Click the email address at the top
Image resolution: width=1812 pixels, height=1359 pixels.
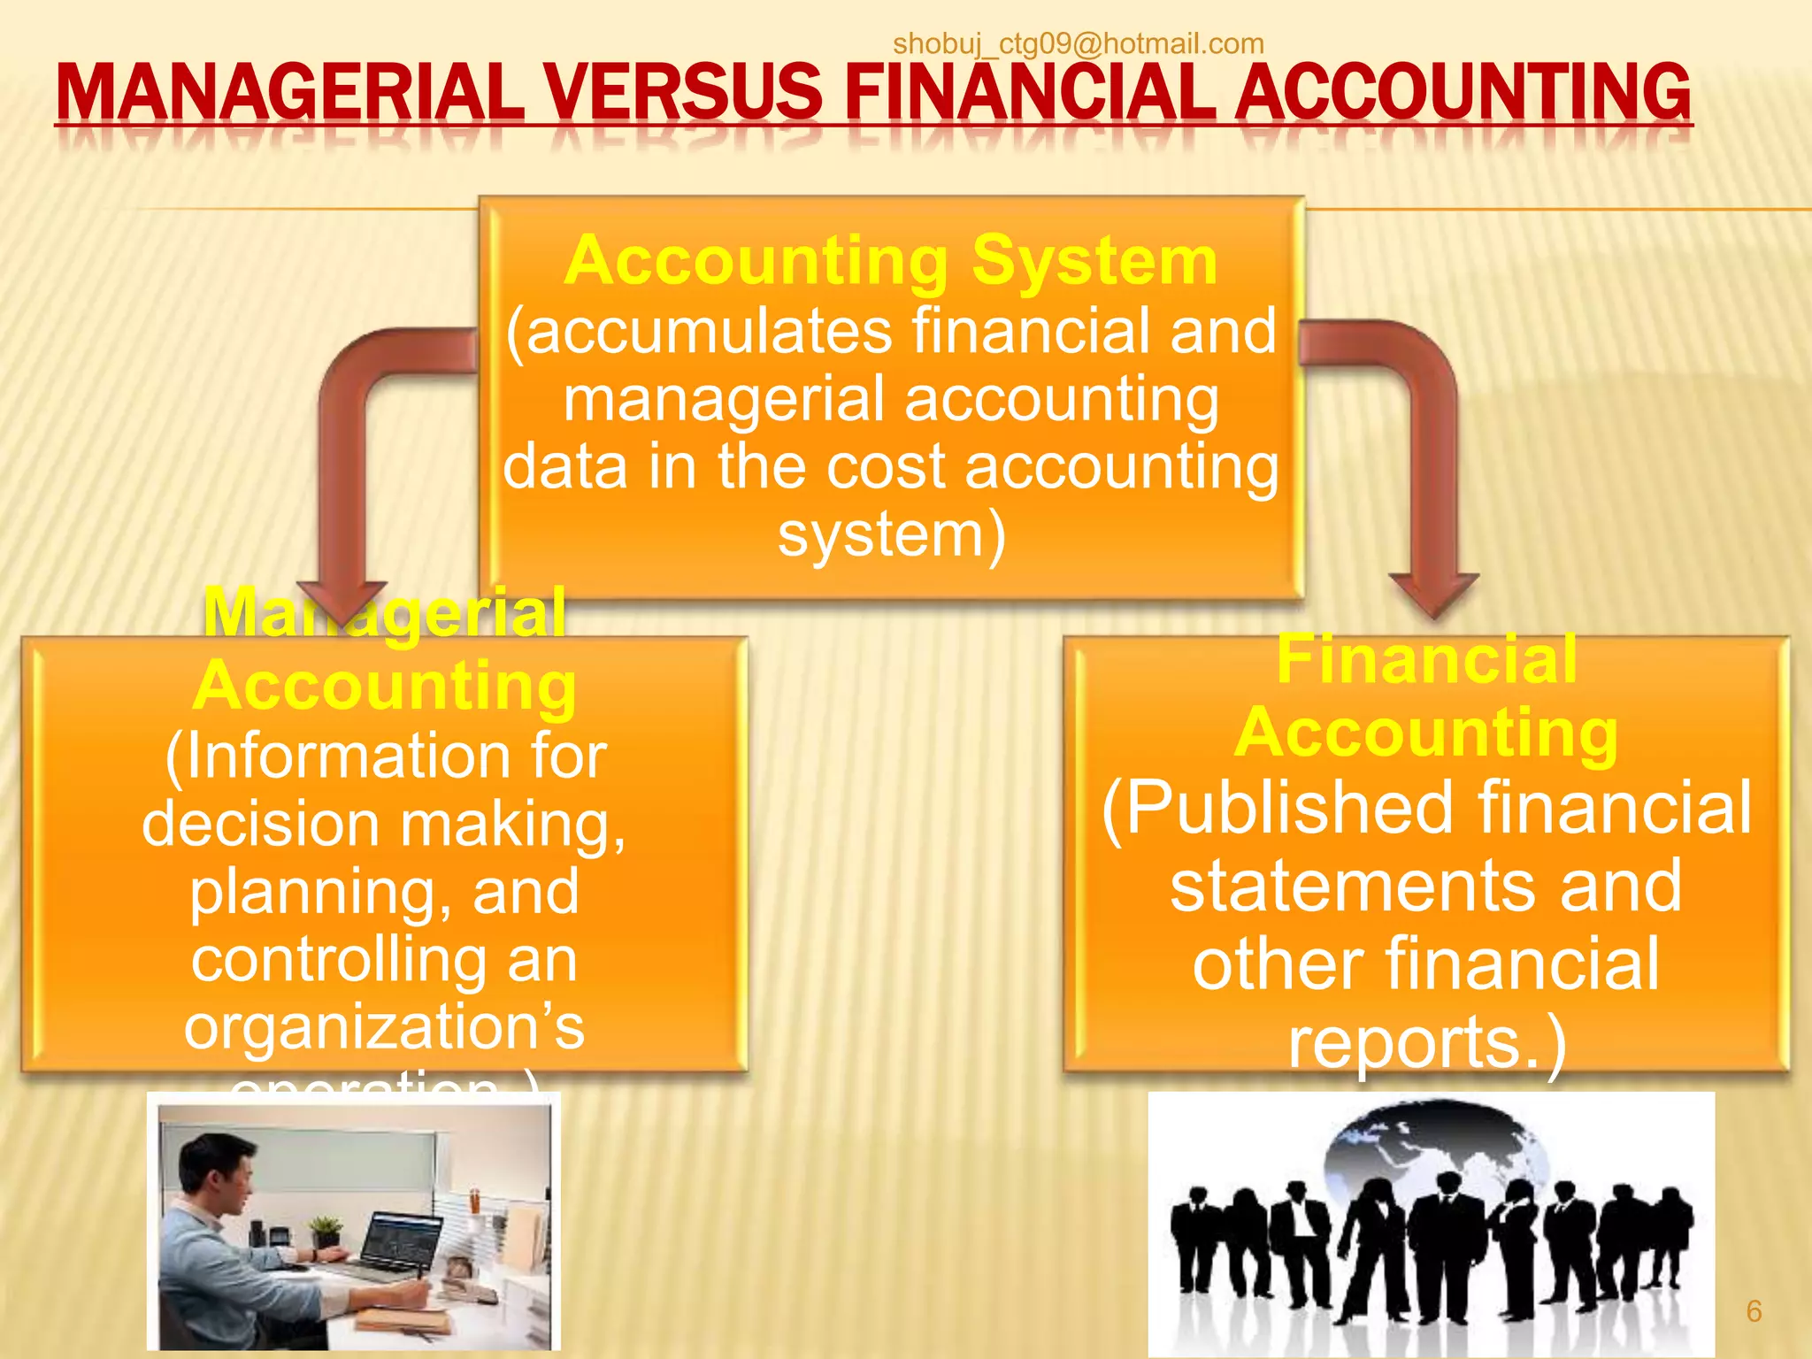1078,43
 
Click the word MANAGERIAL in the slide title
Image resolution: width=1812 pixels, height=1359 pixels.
290,92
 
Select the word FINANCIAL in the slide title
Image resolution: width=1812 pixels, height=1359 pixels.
1030,92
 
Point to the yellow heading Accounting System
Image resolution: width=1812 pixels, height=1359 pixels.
891,261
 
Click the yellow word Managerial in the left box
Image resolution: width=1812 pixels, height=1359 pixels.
384,612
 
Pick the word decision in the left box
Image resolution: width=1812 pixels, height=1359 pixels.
261,824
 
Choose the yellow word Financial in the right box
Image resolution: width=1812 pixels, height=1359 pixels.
1426,659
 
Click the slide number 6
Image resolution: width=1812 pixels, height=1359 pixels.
1754,1311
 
